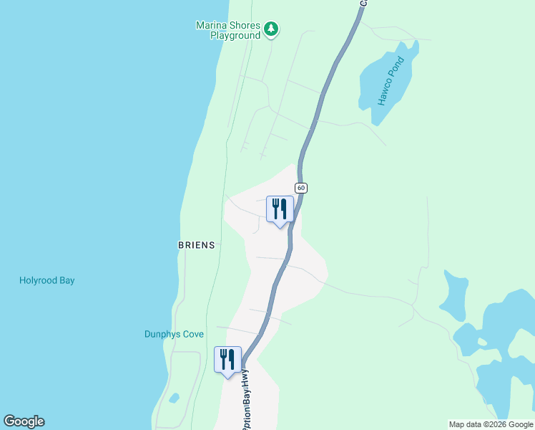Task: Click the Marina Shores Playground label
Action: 228,30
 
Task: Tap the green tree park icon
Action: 270,29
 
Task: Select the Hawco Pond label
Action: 391,81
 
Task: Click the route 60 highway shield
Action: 301,188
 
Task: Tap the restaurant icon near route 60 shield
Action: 280,209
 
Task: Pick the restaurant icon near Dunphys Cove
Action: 227,360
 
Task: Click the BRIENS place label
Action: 196,245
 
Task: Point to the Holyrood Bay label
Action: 46,281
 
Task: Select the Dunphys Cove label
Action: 174,335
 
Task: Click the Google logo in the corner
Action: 24,421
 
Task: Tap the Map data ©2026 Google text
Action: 491,425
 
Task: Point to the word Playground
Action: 235,36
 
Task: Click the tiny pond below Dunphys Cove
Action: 175,398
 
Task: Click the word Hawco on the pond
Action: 386,91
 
